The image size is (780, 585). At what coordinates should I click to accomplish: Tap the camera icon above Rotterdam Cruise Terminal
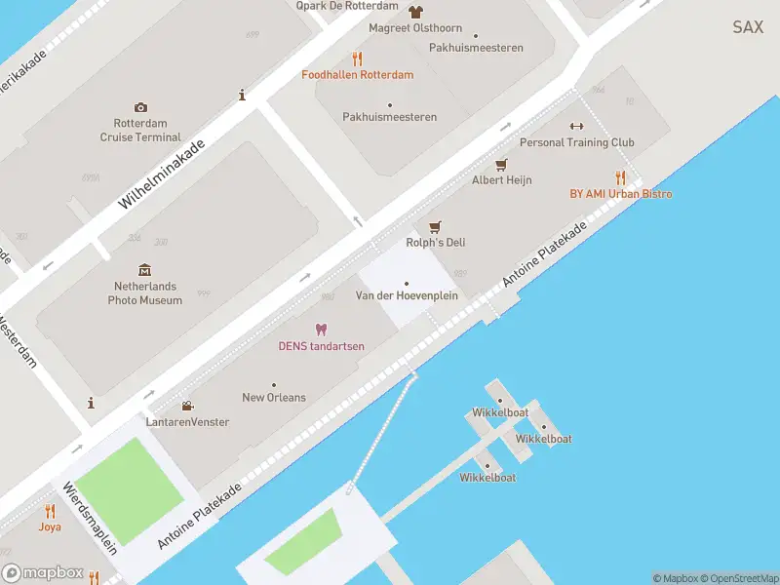pyautogui.click(x=140, y=107)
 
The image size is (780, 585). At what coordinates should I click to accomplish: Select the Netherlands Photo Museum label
pyautogui.click(x=145, y=293)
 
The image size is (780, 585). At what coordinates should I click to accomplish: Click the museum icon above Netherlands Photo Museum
pyautogui.click(x=145, y=270)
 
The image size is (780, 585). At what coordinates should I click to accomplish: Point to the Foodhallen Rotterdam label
pyautogui.click(x=357, y=75)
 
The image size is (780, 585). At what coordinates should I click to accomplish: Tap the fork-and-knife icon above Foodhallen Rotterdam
pyautogui.click(x=357, y=58)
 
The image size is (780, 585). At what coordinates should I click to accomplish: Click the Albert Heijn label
pyautogui.click(x=501, y=180)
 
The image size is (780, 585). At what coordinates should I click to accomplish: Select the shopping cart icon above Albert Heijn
pyautogui.click(x=501, y=164)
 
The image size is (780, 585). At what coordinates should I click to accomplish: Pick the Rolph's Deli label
pyautogui.click(x=435, y=243)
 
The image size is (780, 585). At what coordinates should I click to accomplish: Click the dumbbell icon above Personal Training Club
pyautogui.click(x=575, y=126)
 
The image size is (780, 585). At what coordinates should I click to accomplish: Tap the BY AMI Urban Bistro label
pyautogui.click(x=620, y=194)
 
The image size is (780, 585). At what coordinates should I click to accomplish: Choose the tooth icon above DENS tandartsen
pyautogui.click(x=321, y=331)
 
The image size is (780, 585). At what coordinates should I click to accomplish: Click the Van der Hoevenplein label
pyautogui.click(x=407, y=295)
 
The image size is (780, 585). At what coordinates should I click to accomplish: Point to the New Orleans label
pyautogui.click(x=273, y=398)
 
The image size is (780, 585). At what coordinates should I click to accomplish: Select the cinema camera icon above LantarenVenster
pyautogui.click(x=186, y=406)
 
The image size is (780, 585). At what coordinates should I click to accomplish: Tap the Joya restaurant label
pyautogui.click(x=50, y=526)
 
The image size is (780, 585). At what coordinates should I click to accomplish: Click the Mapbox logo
pyautogui.click(x=42, y=573)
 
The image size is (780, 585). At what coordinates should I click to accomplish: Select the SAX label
pyautogui.click(x=748, y=27)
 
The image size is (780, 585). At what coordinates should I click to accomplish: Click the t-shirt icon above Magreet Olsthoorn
pyautogui.click(x=416, y=13)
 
